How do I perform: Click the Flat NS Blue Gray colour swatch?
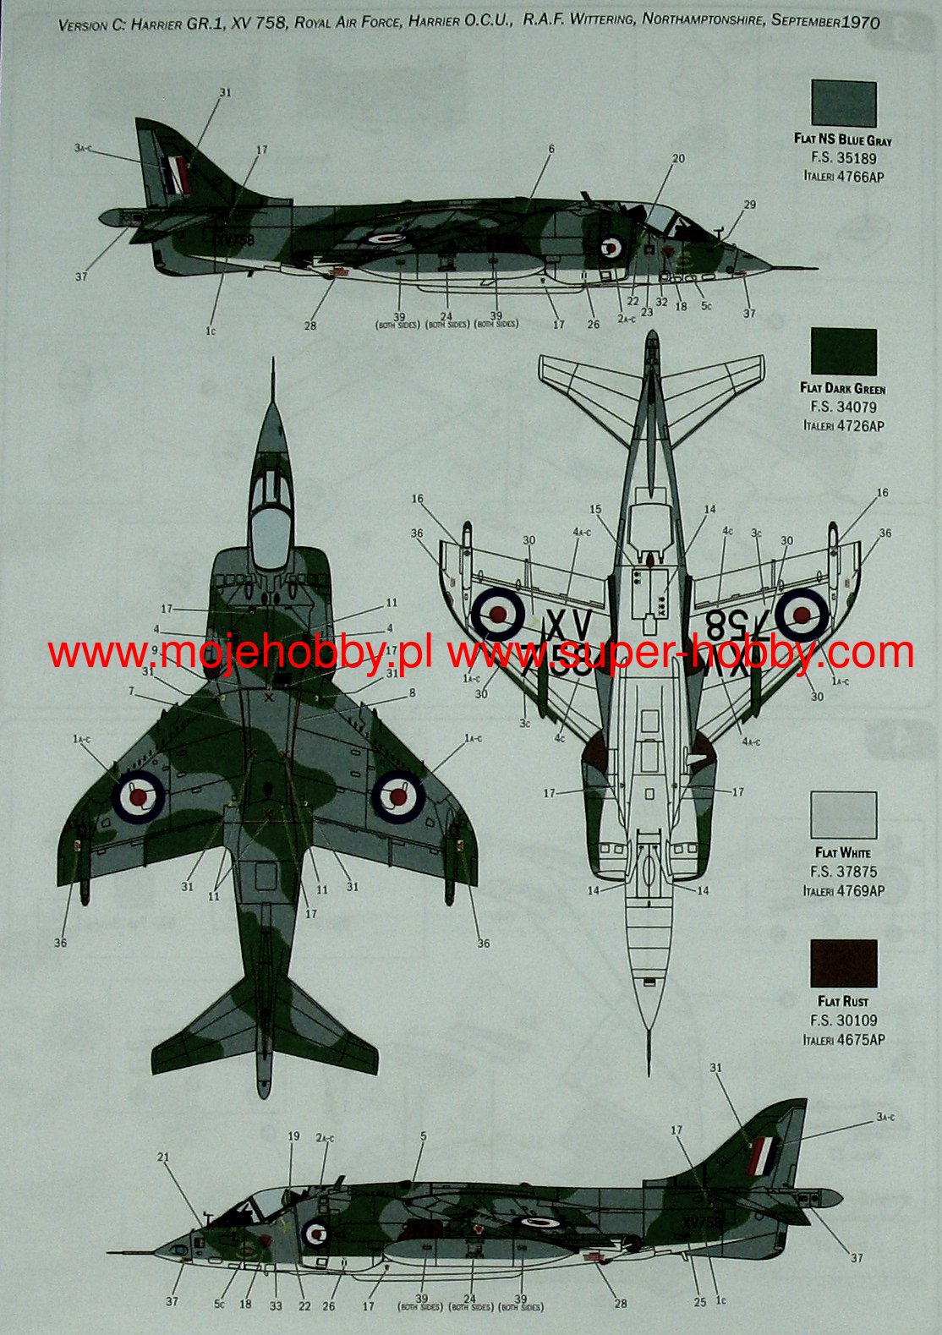[843, 103]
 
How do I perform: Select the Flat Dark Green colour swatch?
[843, 352]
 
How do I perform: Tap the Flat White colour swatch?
[843, 815]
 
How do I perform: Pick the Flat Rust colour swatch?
[843, 963]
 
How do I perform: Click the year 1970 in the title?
[860, 22]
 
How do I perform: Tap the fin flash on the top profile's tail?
[177, 173]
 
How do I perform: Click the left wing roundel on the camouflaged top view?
[136, 795]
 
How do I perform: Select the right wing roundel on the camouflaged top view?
[398, 795]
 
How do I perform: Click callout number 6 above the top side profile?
[550, 150]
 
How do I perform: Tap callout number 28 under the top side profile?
[310, 326]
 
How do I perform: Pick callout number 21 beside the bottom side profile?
[163, 1157]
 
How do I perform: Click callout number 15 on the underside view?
[595, 510]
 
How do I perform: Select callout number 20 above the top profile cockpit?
[678, 158]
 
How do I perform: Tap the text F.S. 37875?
[843, 872]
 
